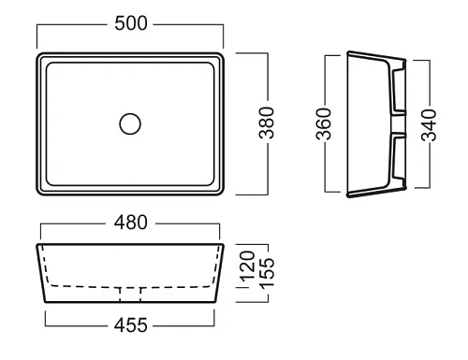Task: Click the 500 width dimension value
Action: (x=131, y=23)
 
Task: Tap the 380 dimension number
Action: (x=267, y=122)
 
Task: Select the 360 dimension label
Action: (x=324, y=123)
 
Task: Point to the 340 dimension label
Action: (x=429, y=125)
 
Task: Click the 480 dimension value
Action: (x=130, y=223)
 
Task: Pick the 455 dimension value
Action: (x=130, y=325)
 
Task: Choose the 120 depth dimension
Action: (x=247, y=266)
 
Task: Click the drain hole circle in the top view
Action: (x=130, y=123)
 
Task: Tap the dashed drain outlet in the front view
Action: (x=130, y=295)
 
